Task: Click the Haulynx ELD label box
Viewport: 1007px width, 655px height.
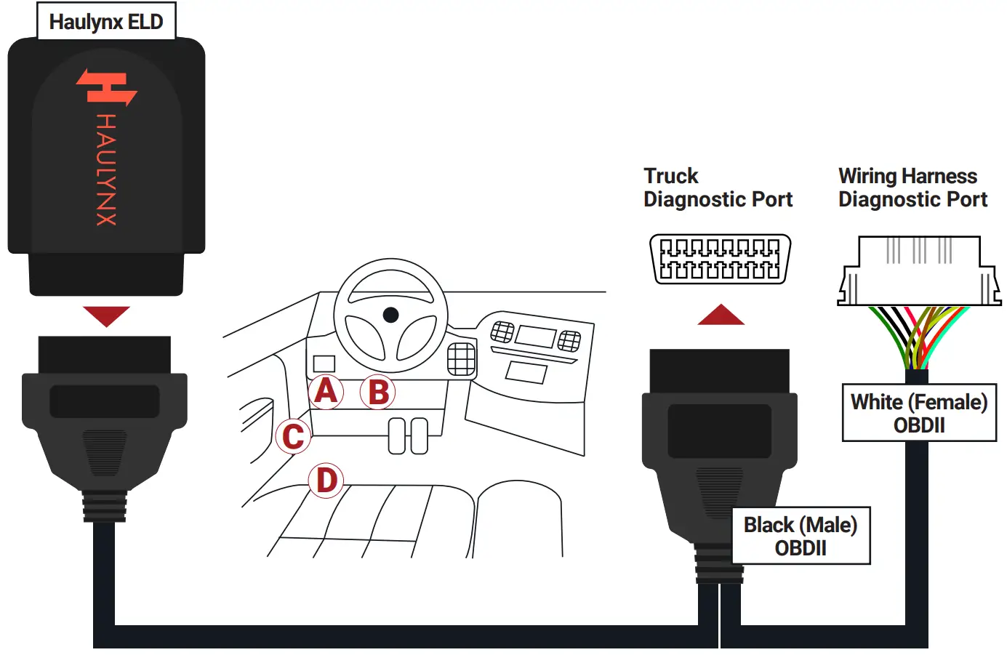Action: [106, 22]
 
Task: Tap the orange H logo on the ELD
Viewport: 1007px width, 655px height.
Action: [106, 87]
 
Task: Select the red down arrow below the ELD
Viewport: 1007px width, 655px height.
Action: [106, 316]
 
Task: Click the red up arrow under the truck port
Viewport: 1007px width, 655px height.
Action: [721, 315]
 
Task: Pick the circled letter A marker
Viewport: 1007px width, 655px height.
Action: [326, 391]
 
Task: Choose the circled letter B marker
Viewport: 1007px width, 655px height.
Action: [378, 393]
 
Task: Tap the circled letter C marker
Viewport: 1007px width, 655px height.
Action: [293, 436]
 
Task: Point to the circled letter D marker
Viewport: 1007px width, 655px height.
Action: [326, 481]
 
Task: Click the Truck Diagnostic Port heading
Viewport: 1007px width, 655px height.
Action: [717, 188]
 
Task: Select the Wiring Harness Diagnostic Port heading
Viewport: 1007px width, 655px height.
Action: [912, 188]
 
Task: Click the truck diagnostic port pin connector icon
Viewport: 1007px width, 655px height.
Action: [719, 259]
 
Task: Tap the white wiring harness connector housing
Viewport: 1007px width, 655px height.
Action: [919, 270]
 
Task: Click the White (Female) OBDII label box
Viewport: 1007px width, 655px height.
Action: [919, 413]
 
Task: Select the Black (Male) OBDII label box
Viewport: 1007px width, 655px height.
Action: [800, 536]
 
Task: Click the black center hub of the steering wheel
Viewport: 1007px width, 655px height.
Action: [390, 315]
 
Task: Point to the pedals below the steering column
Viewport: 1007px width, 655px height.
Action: [408, 435]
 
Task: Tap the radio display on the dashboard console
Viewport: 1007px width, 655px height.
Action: [535, 337]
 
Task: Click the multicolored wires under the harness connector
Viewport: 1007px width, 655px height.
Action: [918, 337]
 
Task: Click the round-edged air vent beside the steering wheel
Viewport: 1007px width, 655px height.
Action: [461, 358]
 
